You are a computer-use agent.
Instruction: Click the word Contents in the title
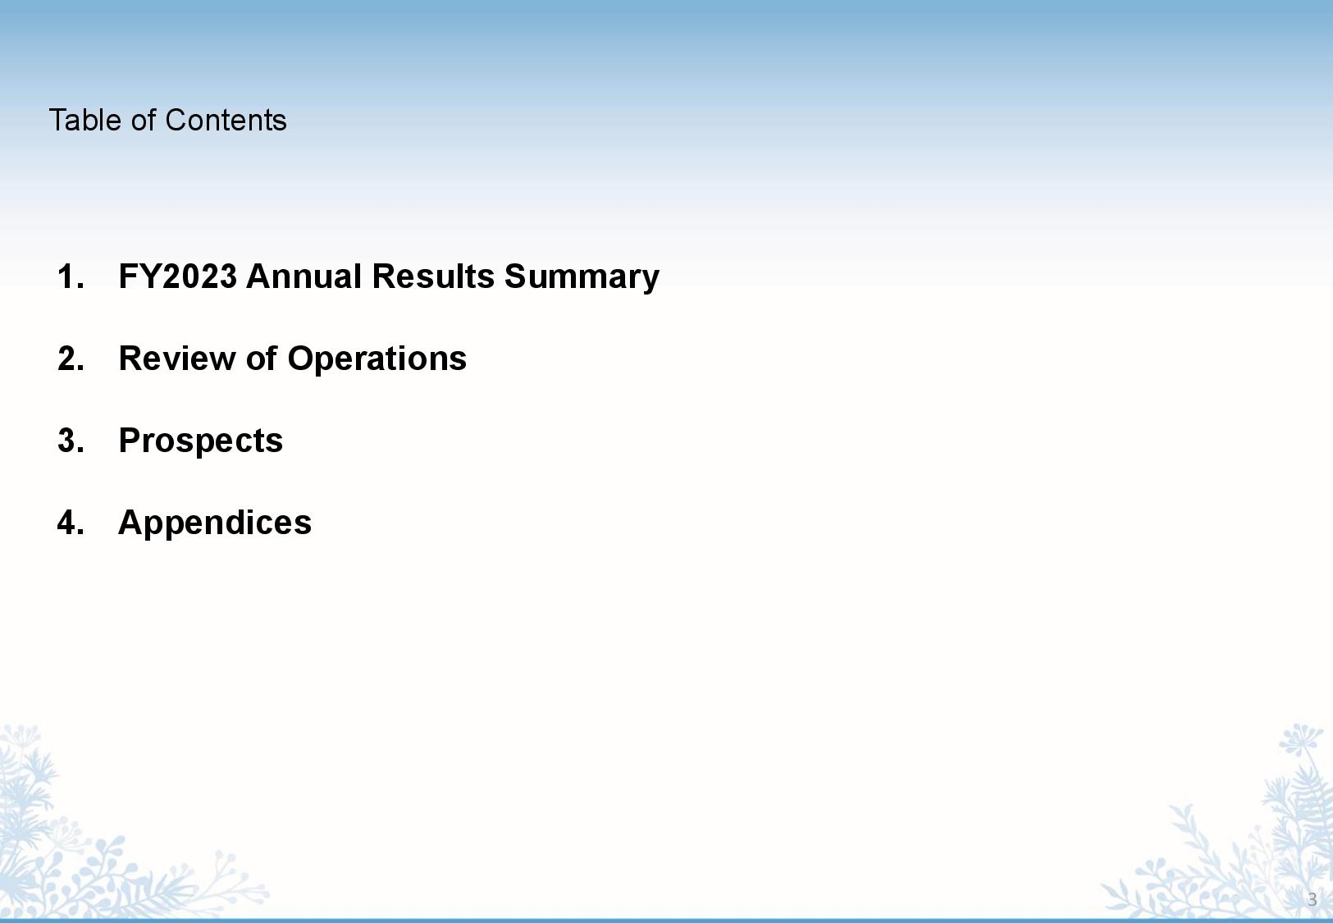(x=226, y=121)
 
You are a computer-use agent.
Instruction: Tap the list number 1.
(x=71, y=276)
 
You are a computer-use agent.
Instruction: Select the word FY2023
(x=177, y=276)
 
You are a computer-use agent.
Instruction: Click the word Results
(x=433, y=276)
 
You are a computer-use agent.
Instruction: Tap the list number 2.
(x=71, y=359)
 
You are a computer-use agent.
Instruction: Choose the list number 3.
(x=71, y=441)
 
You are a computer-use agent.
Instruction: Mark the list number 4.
(x=71, y=523)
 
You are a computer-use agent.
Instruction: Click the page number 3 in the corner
(x=1312, y=900)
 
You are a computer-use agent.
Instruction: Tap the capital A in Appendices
(x=130, y=523)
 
